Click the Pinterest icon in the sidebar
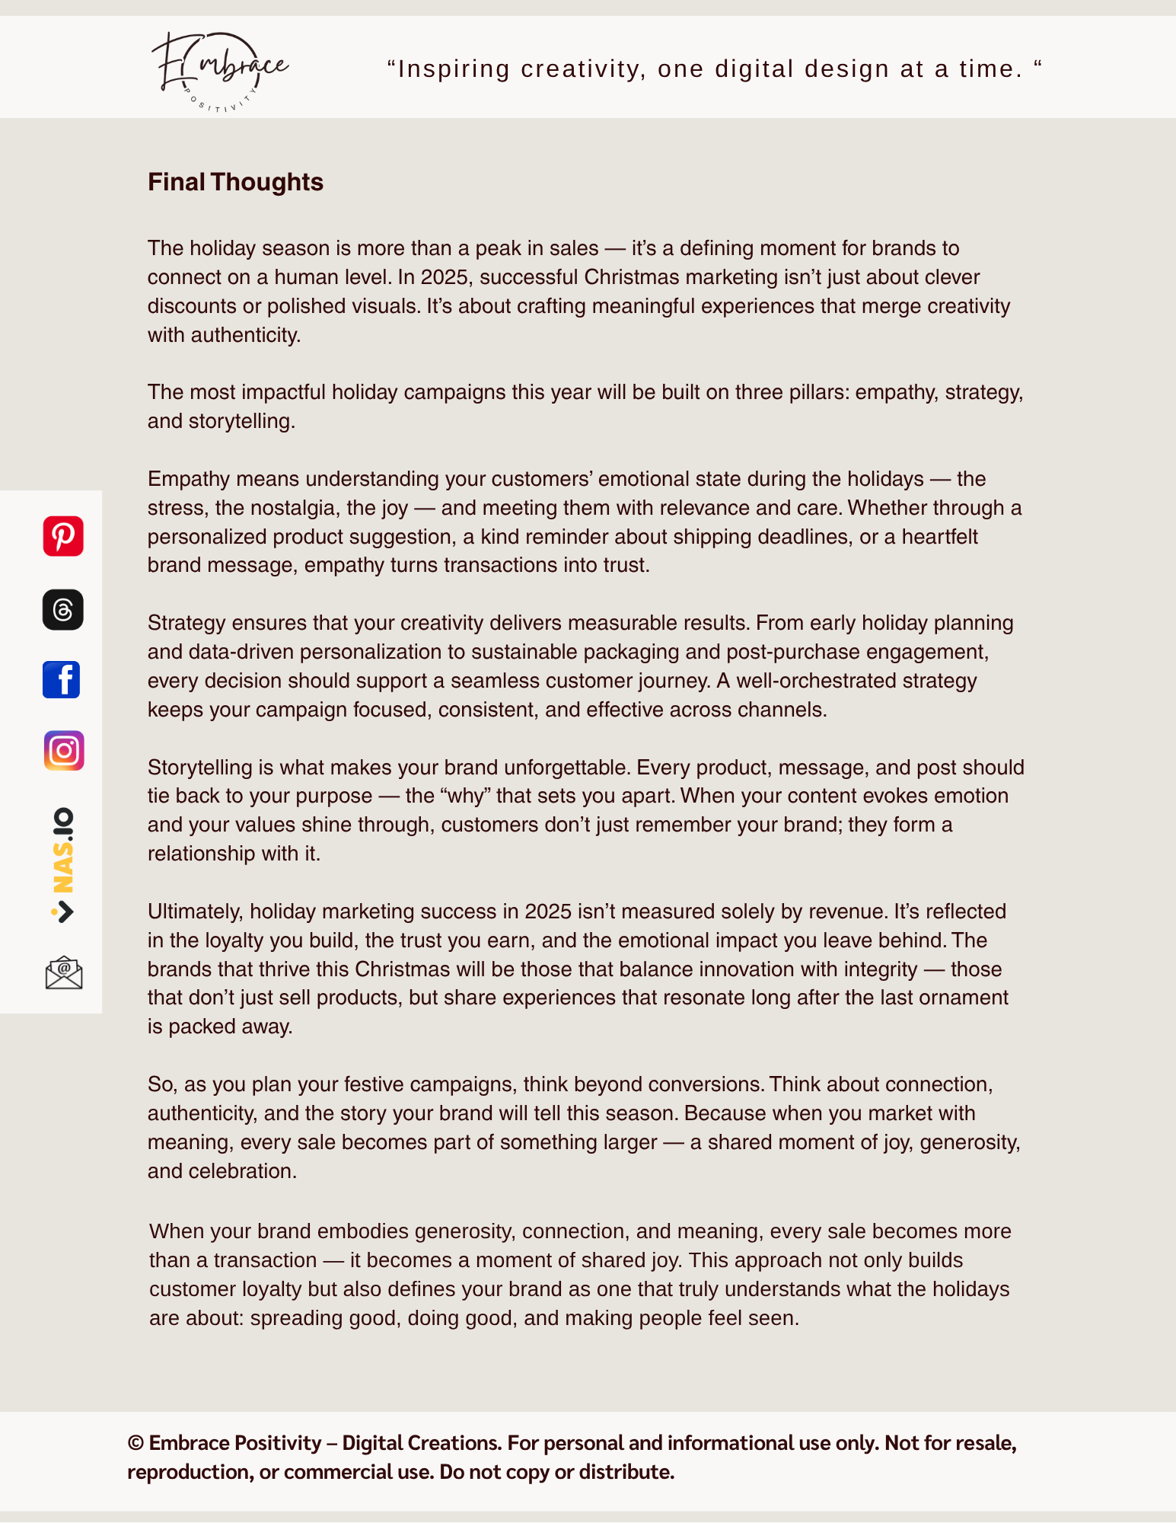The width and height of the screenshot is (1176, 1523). tap(63, 536)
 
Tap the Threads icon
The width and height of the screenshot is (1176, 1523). tap(63, 609)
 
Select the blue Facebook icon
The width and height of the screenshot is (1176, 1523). tap(62, 679)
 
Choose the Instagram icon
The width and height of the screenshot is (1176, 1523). tap(64, 751)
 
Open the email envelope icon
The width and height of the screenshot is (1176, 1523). tap(64, 973)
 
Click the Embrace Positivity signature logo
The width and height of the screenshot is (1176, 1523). tap(220, 71)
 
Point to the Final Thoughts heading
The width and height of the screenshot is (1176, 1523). tap(235, 182)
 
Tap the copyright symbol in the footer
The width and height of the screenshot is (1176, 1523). tap(135, 1443)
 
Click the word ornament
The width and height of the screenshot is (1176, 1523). tap(964, 998)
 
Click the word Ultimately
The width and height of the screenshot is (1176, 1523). tap(196, 912)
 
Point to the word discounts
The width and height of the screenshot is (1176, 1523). tap(192, 306)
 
